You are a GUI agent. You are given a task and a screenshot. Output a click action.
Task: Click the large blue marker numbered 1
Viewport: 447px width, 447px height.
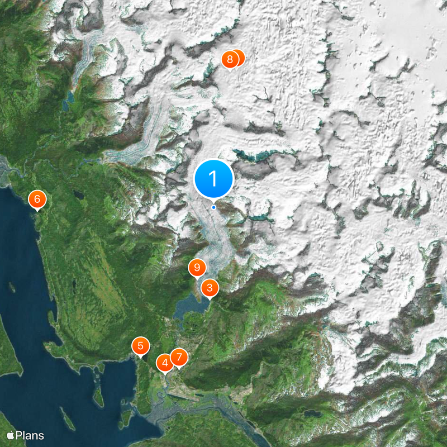(x=213, y=178)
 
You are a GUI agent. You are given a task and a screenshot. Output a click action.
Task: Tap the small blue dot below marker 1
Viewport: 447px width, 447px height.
(x=213, y=208)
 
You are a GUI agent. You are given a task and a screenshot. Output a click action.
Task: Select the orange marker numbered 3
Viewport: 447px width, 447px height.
(x=210, y=288)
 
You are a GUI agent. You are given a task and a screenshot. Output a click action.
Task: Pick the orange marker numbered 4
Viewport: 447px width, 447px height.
(x=165, y=363)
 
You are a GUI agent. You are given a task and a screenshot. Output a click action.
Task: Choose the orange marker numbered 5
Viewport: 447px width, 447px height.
(x=141, y=346)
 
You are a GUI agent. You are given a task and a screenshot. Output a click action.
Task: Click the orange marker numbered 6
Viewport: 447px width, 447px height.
(x=37, y=199)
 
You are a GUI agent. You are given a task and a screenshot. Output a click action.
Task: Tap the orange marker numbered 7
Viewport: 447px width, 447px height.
(x=179, y=357)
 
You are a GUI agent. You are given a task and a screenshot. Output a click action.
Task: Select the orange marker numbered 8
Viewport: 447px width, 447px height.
(x=229, y=60)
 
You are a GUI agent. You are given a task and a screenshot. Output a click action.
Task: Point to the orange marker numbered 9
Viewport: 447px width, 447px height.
(x=196, y=268)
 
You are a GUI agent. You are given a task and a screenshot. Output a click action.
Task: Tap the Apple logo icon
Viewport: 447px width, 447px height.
(x=11, y=435)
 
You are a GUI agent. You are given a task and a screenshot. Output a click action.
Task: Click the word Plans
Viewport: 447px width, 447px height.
(x=30, y=435)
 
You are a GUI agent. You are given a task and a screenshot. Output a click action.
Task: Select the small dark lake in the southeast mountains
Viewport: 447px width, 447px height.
(x=311, y=414)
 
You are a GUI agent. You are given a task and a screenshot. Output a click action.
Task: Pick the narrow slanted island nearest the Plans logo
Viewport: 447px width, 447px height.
(x=65, y=417)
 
